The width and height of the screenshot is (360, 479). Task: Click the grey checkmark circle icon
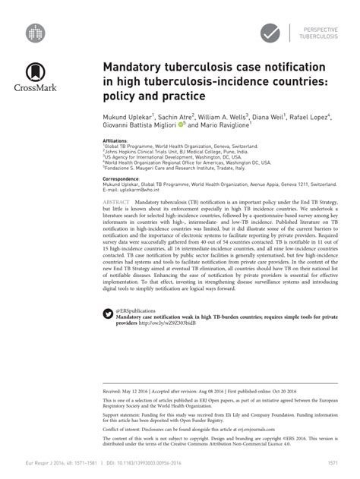click(271, 33)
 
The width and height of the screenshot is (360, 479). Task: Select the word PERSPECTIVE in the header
click(319, 27)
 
